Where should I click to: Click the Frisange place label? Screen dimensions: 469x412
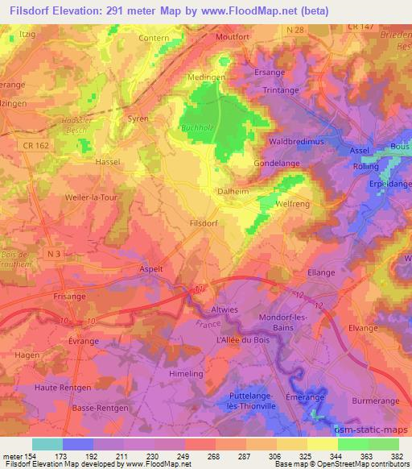[68, 297]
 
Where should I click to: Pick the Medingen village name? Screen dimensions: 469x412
[206, 78]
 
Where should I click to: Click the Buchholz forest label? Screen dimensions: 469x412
[195, 127]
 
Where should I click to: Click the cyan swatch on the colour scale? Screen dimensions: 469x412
[47, 443]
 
